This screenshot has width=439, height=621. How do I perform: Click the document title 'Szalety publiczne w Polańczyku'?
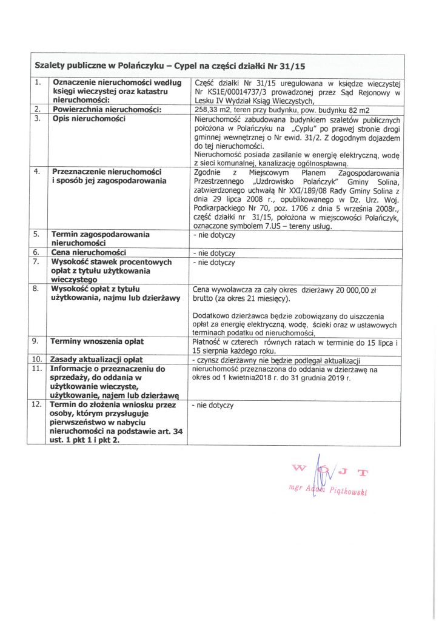click(102, 64)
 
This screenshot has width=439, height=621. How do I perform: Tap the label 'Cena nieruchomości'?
click(89, 252)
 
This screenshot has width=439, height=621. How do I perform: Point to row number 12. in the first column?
click(38, 404)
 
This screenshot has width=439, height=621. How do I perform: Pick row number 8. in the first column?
click(38, 289)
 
